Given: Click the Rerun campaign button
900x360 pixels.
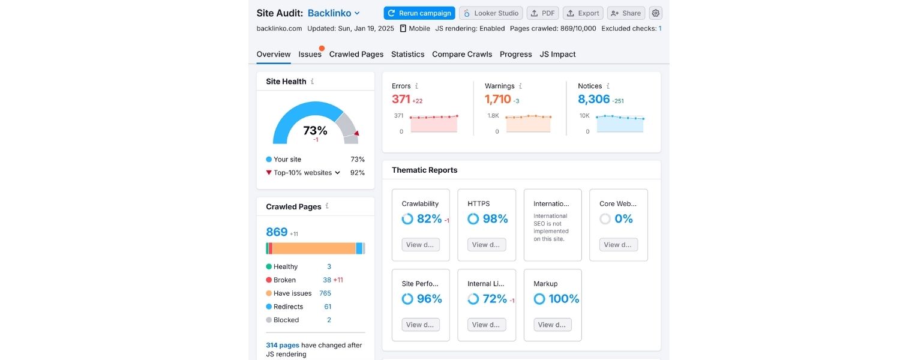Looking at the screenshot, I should (419, 13).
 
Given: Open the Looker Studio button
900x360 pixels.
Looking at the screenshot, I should (491, 13).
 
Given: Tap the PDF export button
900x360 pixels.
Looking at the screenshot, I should (543, 13).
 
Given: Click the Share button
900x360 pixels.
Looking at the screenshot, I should (625, 13).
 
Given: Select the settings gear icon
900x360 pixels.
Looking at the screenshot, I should (656, 13).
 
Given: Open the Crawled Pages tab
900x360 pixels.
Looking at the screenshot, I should (356, 54).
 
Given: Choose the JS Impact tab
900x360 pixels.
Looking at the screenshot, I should (557, 54).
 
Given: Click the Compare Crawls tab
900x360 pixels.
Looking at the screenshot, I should (462, 54).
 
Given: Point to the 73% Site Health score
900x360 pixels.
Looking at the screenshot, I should (315, 130).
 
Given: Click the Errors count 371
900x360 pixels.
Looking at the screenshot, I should (401, 100).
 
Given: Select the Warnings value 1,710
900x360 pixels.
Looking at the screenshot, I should (497, 100).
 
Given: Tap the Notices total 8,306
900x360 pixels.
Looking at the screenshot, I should (593, 100).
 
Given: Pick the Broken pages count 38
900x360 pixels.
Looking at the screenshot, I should (327, 280).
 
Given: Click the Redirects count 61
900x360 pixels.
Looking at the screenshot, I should (328, 307).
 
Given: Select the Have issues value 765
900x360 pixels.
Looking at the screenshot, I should (325, 293).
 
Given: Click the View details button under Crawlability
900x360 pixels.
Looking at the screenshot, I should (421, 245).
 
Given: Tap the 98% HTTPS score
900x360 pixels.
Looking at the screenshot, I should (495, 219).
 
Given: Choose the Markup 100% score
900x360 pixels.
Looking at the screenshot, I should (564, 299).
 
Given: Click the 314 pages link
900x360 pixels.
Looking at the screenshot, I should (283, 345).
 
